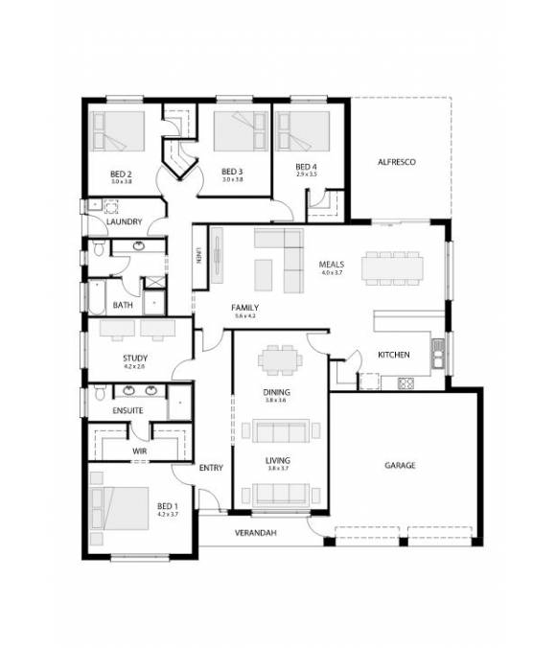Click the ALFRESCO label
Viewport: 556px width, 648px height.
click(x=396, y=163)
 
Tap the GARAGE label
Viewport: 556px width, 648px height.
click(x=400, y=466)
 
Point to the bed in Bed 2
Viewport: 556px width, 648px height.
click(x=118, y=130)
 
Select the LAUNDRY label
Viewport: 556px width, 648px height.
click(x=125, y=222)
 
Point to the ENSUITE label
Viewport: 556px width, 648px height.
click(x=127, y=411)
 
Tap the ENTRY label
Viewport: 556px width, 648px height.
click(x=211, y=468)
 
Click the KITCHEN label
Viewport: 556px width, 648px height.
click(x=393, y=355)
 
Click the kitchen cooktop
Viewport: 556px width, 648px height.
click(x=405, y=383)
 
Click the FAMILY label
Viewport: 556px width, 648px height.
click(x=244, y=308)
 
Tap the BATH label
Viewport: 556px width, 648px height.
click(x=123, y=306)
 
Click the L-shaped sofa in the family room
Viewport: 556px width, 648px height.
click(x=273, y=259)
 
